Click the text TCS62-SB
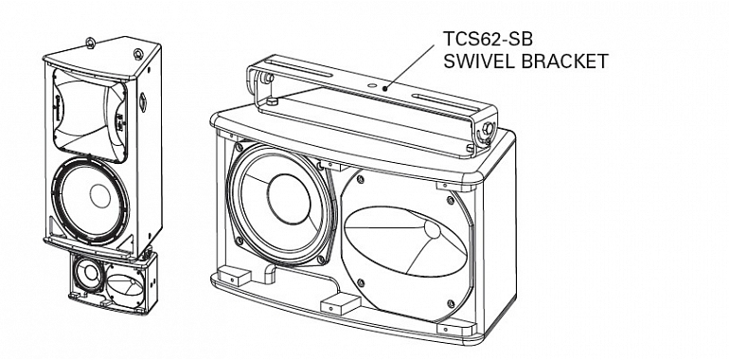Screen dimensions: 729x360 488,39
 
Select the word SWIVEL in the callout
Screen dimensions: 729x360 478,62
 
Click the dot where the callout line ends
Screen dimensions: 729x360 385,88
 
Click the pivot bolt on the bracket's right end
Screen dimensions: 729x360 488,128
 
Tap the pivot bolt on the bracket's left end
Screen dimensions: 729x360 266,78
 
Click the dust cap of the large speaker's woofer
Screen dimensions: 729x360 289,199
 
